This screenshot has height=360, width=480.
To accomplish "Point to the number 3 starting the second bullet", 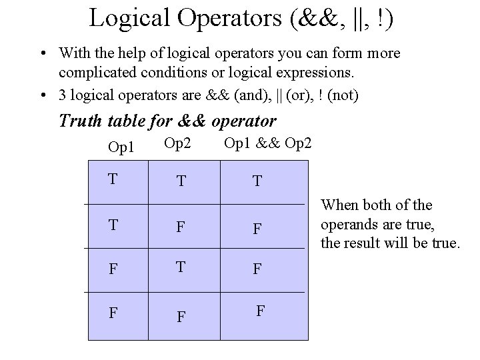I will pyautogui.click(x=61, y=96).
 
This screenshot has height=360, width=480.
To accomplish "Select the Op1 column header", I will pyautogui.click(x=120, y=146).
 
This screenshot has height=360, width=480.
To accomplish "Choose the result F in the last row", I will pyautogui.click(x=261, y=310).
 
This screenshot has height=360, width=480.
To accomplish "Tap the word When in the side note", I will pyautogui.click(x=340, y=206).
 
